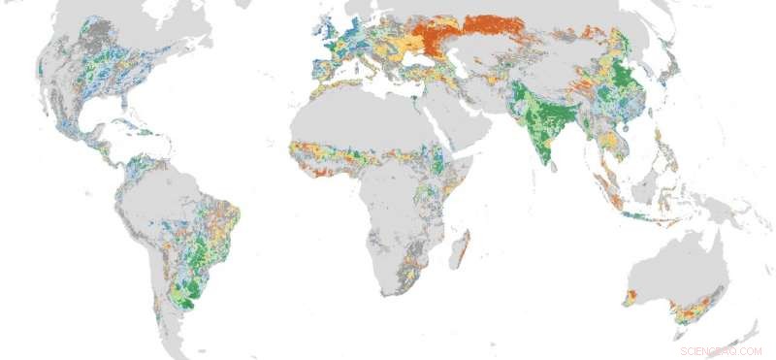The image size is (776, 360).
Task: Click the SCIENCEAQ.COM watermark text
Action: pyautogui.click(x=721, y=350)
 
